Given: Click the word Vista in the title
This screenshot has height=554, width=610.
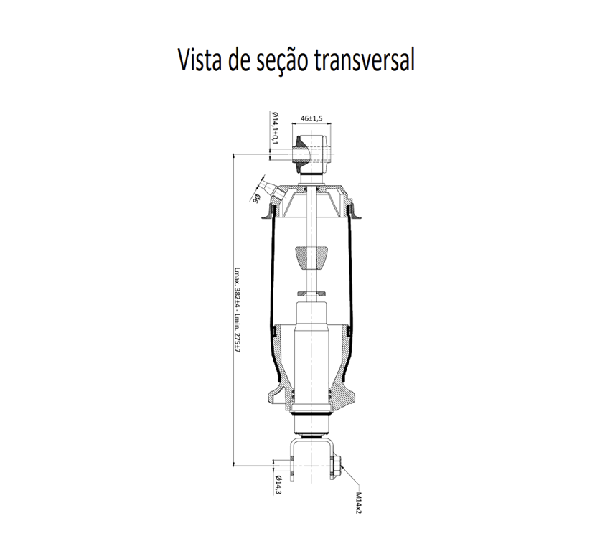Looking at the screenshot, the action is coord(200,60).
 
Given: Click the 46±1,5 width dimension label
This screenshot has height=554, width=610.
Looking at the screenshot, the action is coord(311,118).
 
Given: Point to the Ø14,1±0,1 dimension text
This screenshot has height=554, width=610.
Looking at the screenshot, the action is coord(275,128).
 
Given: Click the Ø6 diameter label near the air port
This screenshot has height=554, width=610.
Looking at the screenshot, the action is coord(256,198).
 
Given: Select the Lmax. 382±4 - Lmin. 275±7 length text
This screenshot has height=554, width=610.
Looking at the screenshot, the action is coord(238,310).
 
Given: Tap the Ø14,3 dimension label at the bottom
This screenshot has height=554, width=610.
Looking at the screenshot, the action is coord(278,485).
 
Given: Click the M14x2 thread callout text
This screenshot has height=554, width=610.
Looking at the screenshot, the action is coord(358,502).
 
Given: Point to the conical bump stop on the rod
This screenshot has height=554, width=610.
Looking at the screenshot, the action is coord(311,257).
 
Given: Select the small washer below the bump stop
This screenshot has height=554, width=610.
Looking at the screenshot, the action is coord(311,293).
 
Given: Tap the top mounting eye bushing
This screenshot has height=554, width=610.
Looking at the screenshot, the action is coord(311,154).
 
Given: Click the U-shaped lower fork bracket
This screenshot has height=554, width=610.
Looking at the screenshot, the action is coord(311,459).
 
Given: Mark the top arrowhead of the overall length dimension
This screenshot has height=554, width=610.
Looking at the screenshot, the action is coord(233,156).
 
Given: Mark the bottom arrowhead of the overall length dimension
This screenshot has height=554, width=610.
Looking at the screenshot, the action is coord(233,464).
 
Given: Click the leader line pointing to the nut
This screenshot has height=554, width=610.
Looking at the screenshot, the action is coord(349,475).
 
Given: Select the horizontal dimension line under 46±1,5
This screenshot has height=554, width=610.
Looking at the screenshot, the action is coord(311,123).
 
